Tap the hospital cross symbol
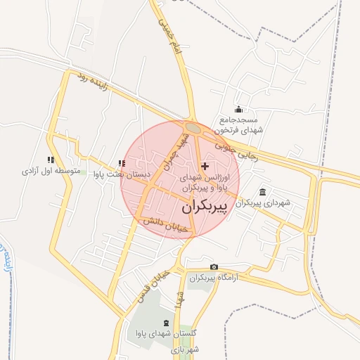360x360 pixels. point(205,166)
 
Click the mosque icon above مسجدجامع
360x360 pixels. point(239,109)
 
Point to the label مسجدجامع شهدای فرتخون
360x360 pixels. point(239,124)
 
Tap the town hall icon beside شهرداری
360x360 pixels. point(262,193)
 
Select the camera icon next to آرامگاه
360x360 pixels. point(214,267)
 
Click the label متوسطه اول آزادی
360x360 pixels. point(49,171)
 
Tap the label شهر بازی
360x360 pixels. point(189,349)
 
